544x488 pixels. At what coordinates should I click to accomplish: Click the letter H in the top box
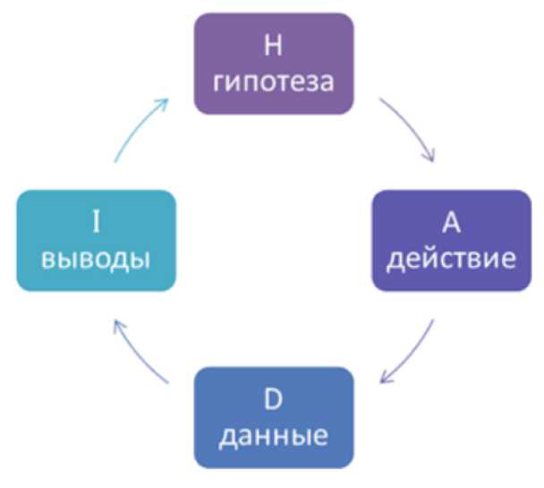click(x=275, y=43)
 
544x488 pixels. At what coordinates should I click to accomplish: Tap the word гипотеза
click(x=275, y=81)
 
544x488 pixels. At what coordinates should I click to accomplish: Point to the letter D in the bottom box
click(x=274, y=398)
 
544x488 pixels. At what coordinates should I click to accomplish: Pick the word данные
click(x=274, y=436)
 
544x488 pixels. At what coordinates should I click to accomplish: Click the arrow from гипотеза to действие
click(x=409, y=124)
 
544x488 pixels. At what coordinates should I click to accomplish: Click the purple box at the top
click(x=275, y=63)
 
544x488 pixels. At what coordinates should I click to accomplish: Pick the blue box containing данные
click(x=274, y=417)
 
